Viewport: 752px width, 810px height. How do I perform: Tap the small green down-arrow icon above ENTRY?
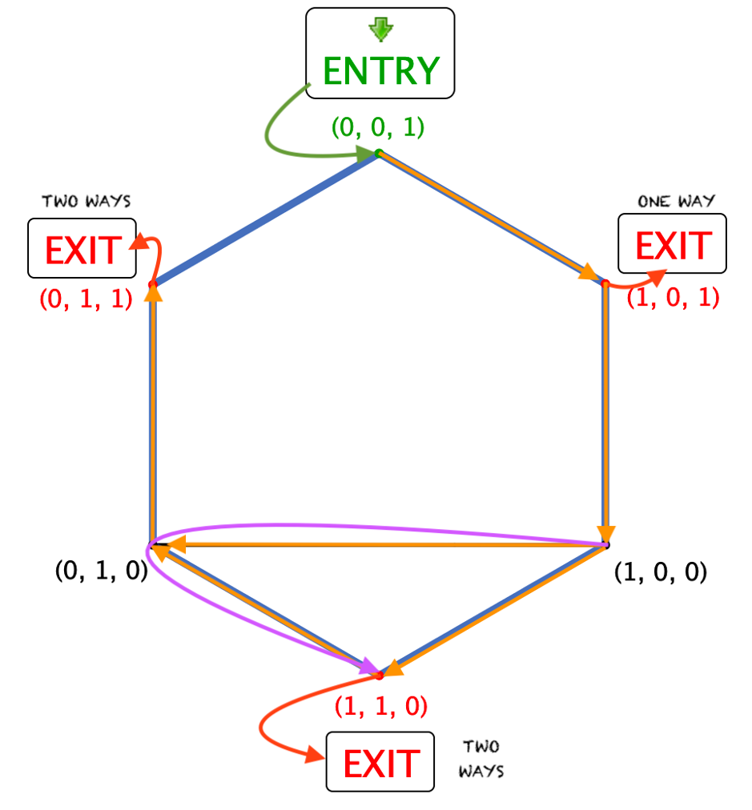(380, 30)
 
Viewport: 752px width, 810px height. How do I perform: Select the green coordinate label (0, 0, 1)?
(377, 127)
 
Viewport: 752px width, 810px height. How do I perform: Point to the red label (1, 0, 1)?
(673, 298)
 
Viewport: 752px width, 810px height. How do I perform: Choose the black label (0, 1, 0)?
(101, 571)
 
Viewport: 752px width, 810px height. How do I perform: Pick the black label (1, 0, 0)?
(660, 573)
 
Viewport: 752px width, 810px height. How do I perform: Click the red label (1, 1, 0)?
(381, 705)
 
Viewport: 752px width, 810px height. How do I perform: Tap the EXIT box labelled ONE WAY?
(672, 244)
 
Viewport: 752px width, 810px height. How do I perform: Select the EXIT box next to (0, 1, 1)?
(82, 249)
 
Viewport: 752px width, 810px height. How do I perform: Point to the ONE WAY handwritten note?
(676, 201)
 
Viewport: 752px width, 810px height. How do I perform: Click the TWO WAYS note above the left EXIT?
(86, 201)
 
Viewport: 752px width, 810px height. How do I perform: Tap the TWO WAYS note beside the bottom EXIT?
(481, 759)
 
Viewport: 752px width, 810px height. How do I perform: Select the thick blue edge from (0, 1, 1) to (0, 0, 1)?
(264, 218)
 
